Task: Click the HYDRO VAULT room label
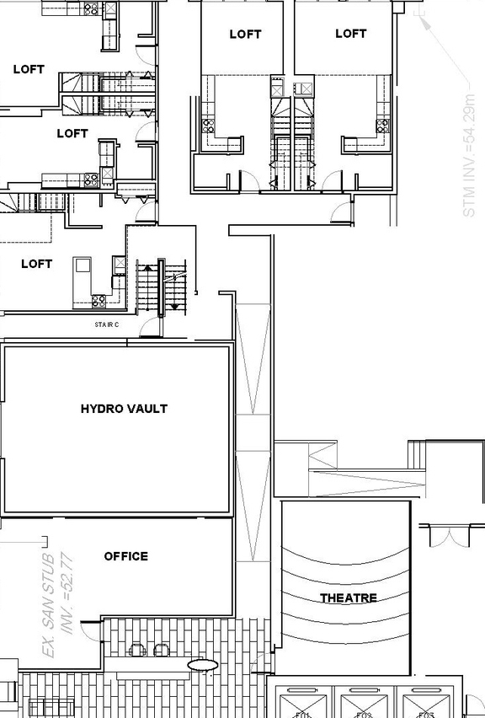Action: [124, 409]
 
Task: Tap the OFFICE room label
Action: [126, 556]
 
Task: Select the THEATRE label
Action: [348, 598]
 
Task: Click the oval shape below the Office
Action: [202, 665]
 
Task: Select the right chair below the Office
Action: [160, 649]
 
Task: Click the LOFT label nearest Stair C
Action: [36, 264]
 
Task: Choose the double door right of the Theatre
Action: [442, 535]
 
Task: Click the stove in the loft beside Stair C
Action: [99, 299]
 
